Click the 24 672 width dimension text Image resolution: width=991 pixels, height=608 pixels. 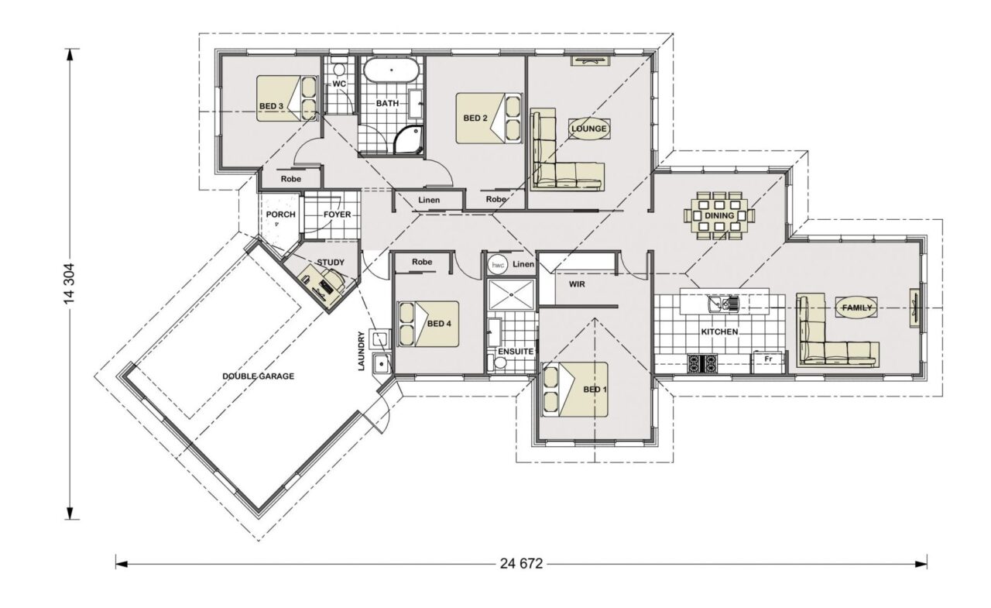[x=521, y=564]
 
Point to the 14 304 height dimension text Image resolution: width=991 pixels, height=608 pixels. [x=70, y=283]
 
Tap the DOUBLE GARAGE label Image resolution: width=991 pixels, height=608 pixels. [x=258, y=376]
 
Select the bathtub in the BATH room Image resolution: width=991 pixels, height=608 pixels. [x=391, y=70]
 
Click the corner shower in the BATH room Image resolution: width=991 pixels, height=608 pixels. [x=409, y=140]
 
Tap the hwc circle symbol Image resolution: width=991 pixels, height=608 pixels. [x=496, y=265]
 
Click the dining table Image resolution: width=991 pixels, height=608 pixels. [x=719, y=216]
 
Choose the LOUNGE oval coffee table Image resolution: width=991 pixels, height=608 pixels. [x=589, y=129]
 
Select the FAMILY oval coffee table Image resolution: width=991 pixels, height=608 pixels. [x=856, y=307]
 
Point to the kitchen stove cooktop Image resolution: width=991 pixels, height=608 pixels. [x=702, y=362]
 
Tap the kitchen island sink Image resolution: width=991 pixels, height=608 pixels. [x=723, y=304]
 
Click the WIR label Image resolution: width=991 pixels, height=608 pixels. [x=577, y=284]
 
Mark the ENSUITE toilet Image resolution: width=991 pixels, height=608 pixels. [x=498, y=362]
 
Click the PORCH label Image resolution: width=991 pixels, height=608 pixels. [x=280, y=215]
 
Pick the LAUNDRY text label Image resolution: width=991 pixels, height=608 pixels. [x=361, y=351]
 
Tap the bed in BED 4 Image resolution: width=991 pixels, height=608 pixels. [x=428, y=324]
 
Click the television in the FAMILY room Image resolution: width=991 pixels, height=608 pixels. [x=913, y=309]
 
